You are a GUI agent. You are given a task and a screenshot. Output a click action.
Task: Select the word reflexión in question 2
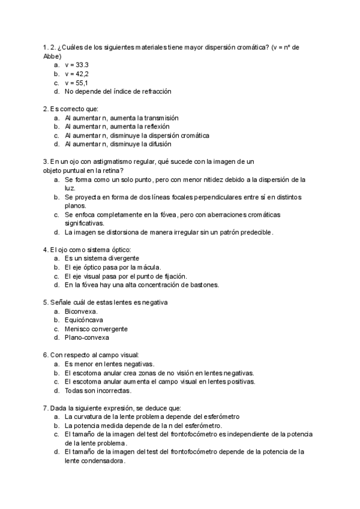[x=155, y=127]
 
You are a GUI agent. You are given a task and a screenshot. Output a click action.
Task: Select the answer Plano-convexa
[x=87, y=337]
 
